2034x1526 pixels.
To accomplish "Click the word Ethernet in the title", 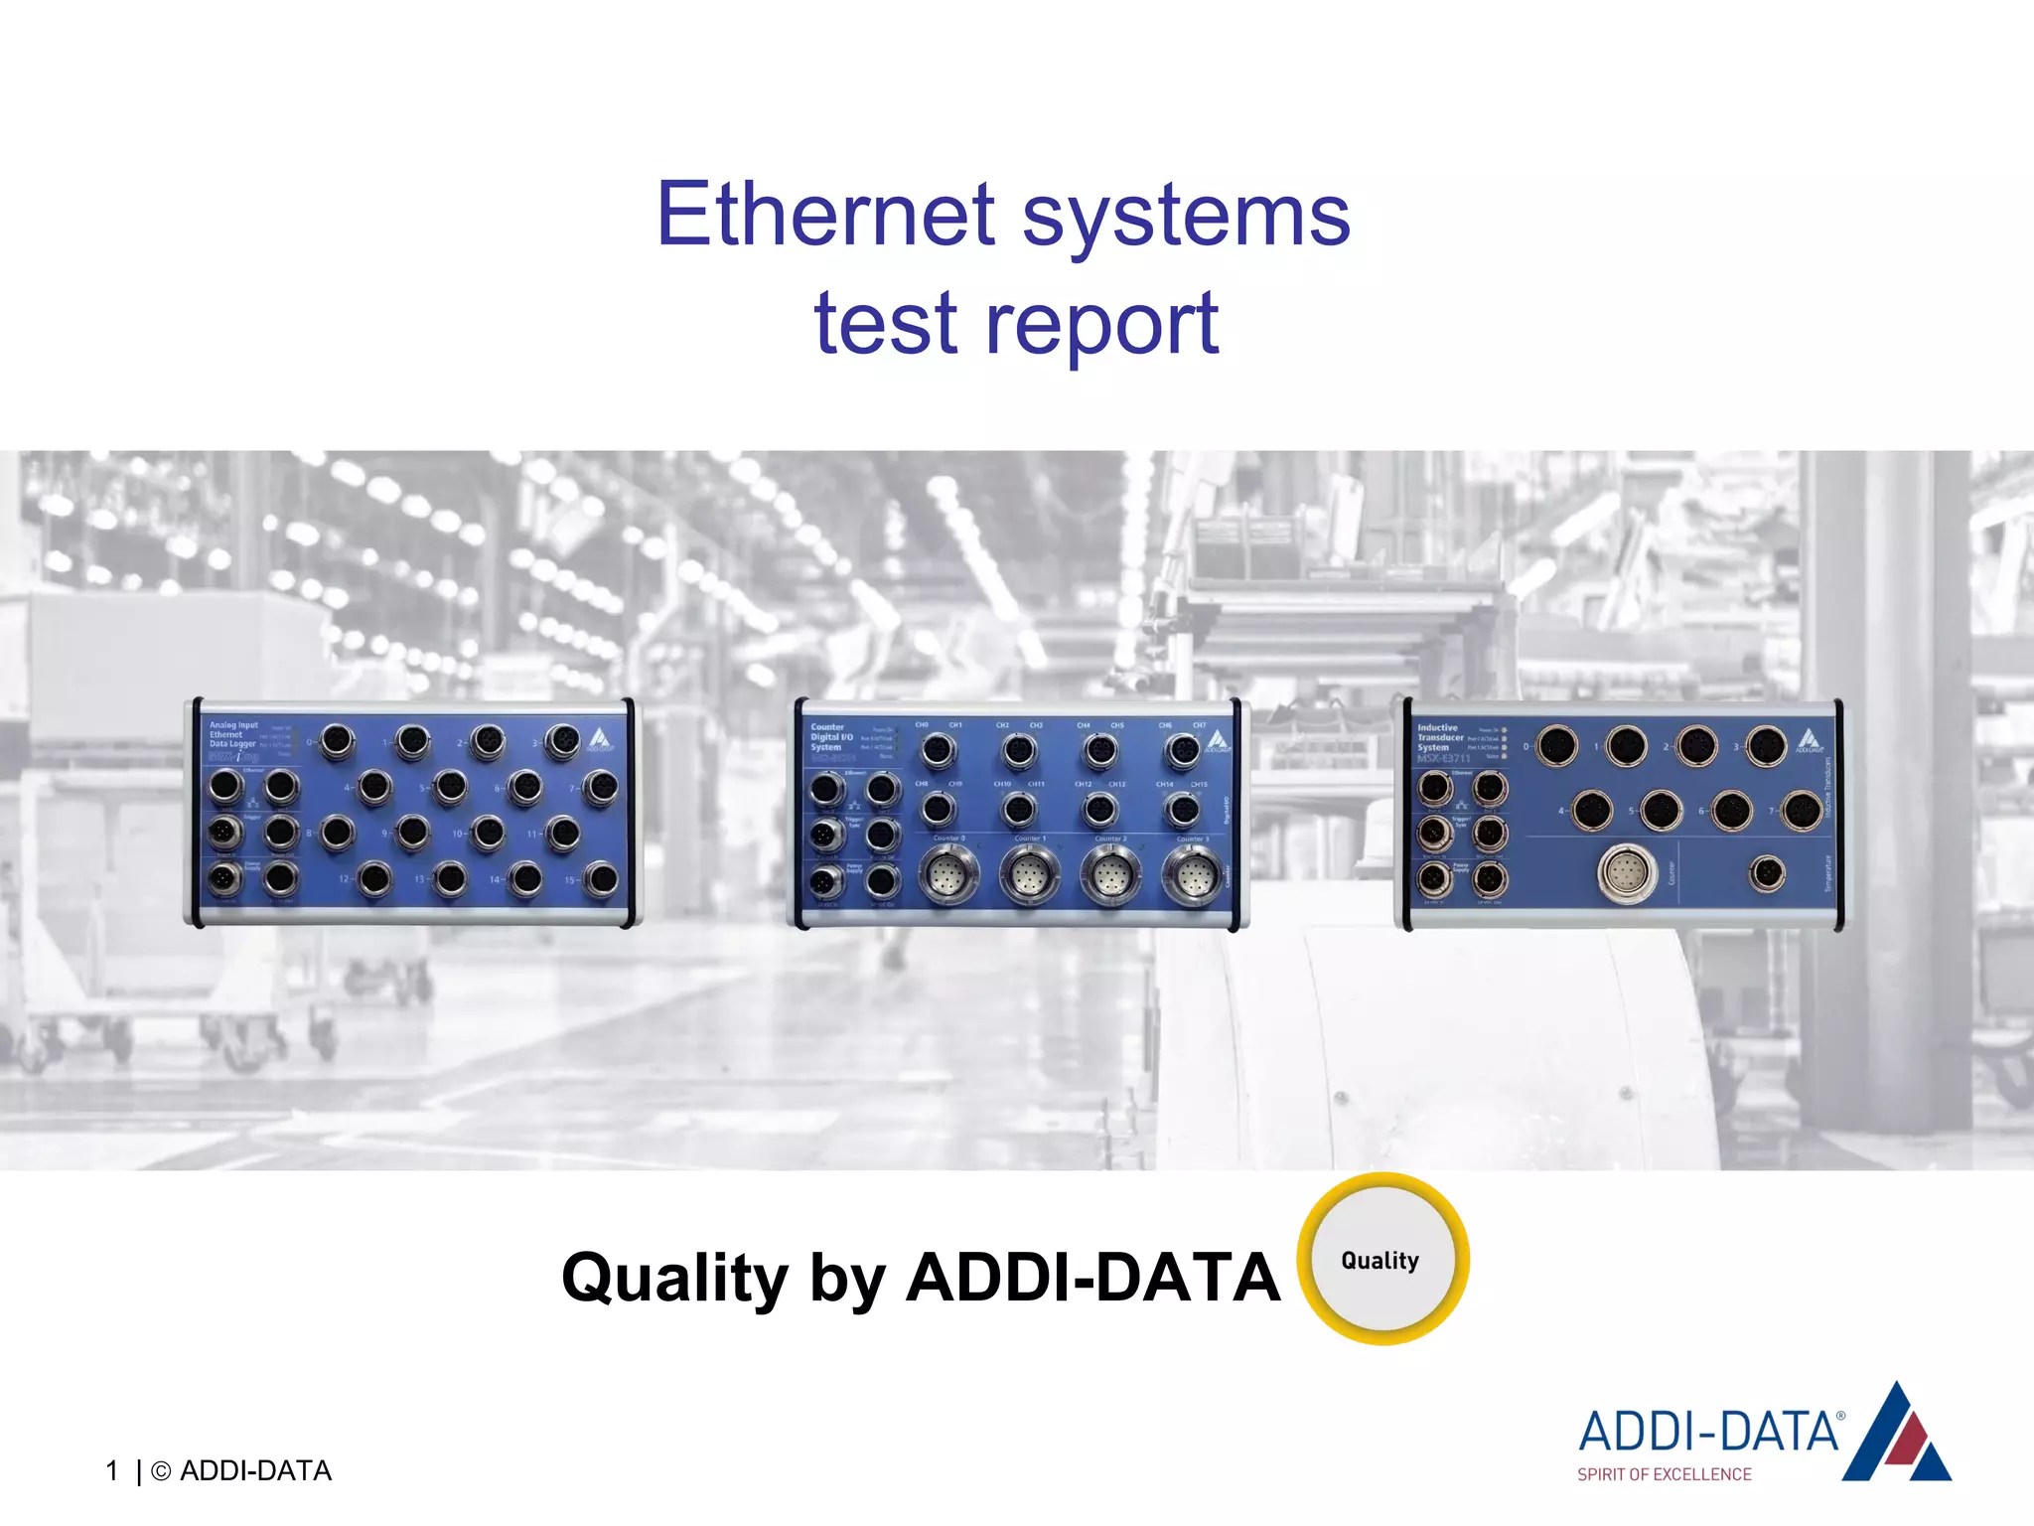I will coord(825,215).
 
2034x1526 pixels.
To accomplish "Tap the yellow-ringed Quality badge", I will coord(1382,1260).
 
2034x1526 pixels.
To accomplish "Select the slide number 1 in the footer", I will coord(112,1470).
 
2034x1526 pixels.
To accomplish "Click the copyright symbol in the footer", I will coord(161,1471).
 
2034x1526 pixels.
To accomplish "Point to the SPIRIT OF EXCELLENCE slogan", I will coord(1664,1474).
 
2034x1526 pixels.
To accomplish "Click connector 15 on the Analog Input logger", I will coord(601,879).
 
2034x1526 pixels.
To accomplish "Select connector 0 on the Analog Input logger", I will coord(337,741).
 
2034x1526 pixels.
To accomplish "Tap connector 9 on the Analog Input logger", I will coord(412,833).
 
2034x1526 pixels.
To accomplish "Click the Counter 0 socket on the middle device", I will coord(948,876).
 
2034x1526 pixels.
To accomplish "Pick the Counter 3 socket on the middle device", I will coord(1193,876).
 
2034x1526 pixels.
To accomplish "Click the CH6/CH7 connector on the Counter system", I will coord(1182,751).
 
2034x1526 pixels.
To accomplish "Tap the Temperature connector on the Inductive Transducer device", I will coord(1766,874).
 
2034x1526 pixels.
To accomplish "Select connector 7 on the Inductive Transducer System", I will coord(1802,811).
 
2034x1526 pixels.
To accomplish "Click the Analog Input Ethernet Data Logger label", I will coord(233,734).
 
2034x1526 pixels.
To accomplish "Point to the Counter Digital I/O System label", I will coord(831,737).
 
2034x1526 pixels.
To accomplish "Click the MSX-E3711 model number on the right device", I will coord(1443,758).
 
